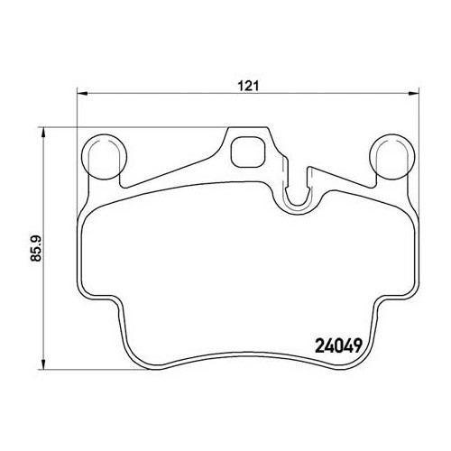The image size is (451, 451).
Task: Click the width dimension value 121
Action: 249,86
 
